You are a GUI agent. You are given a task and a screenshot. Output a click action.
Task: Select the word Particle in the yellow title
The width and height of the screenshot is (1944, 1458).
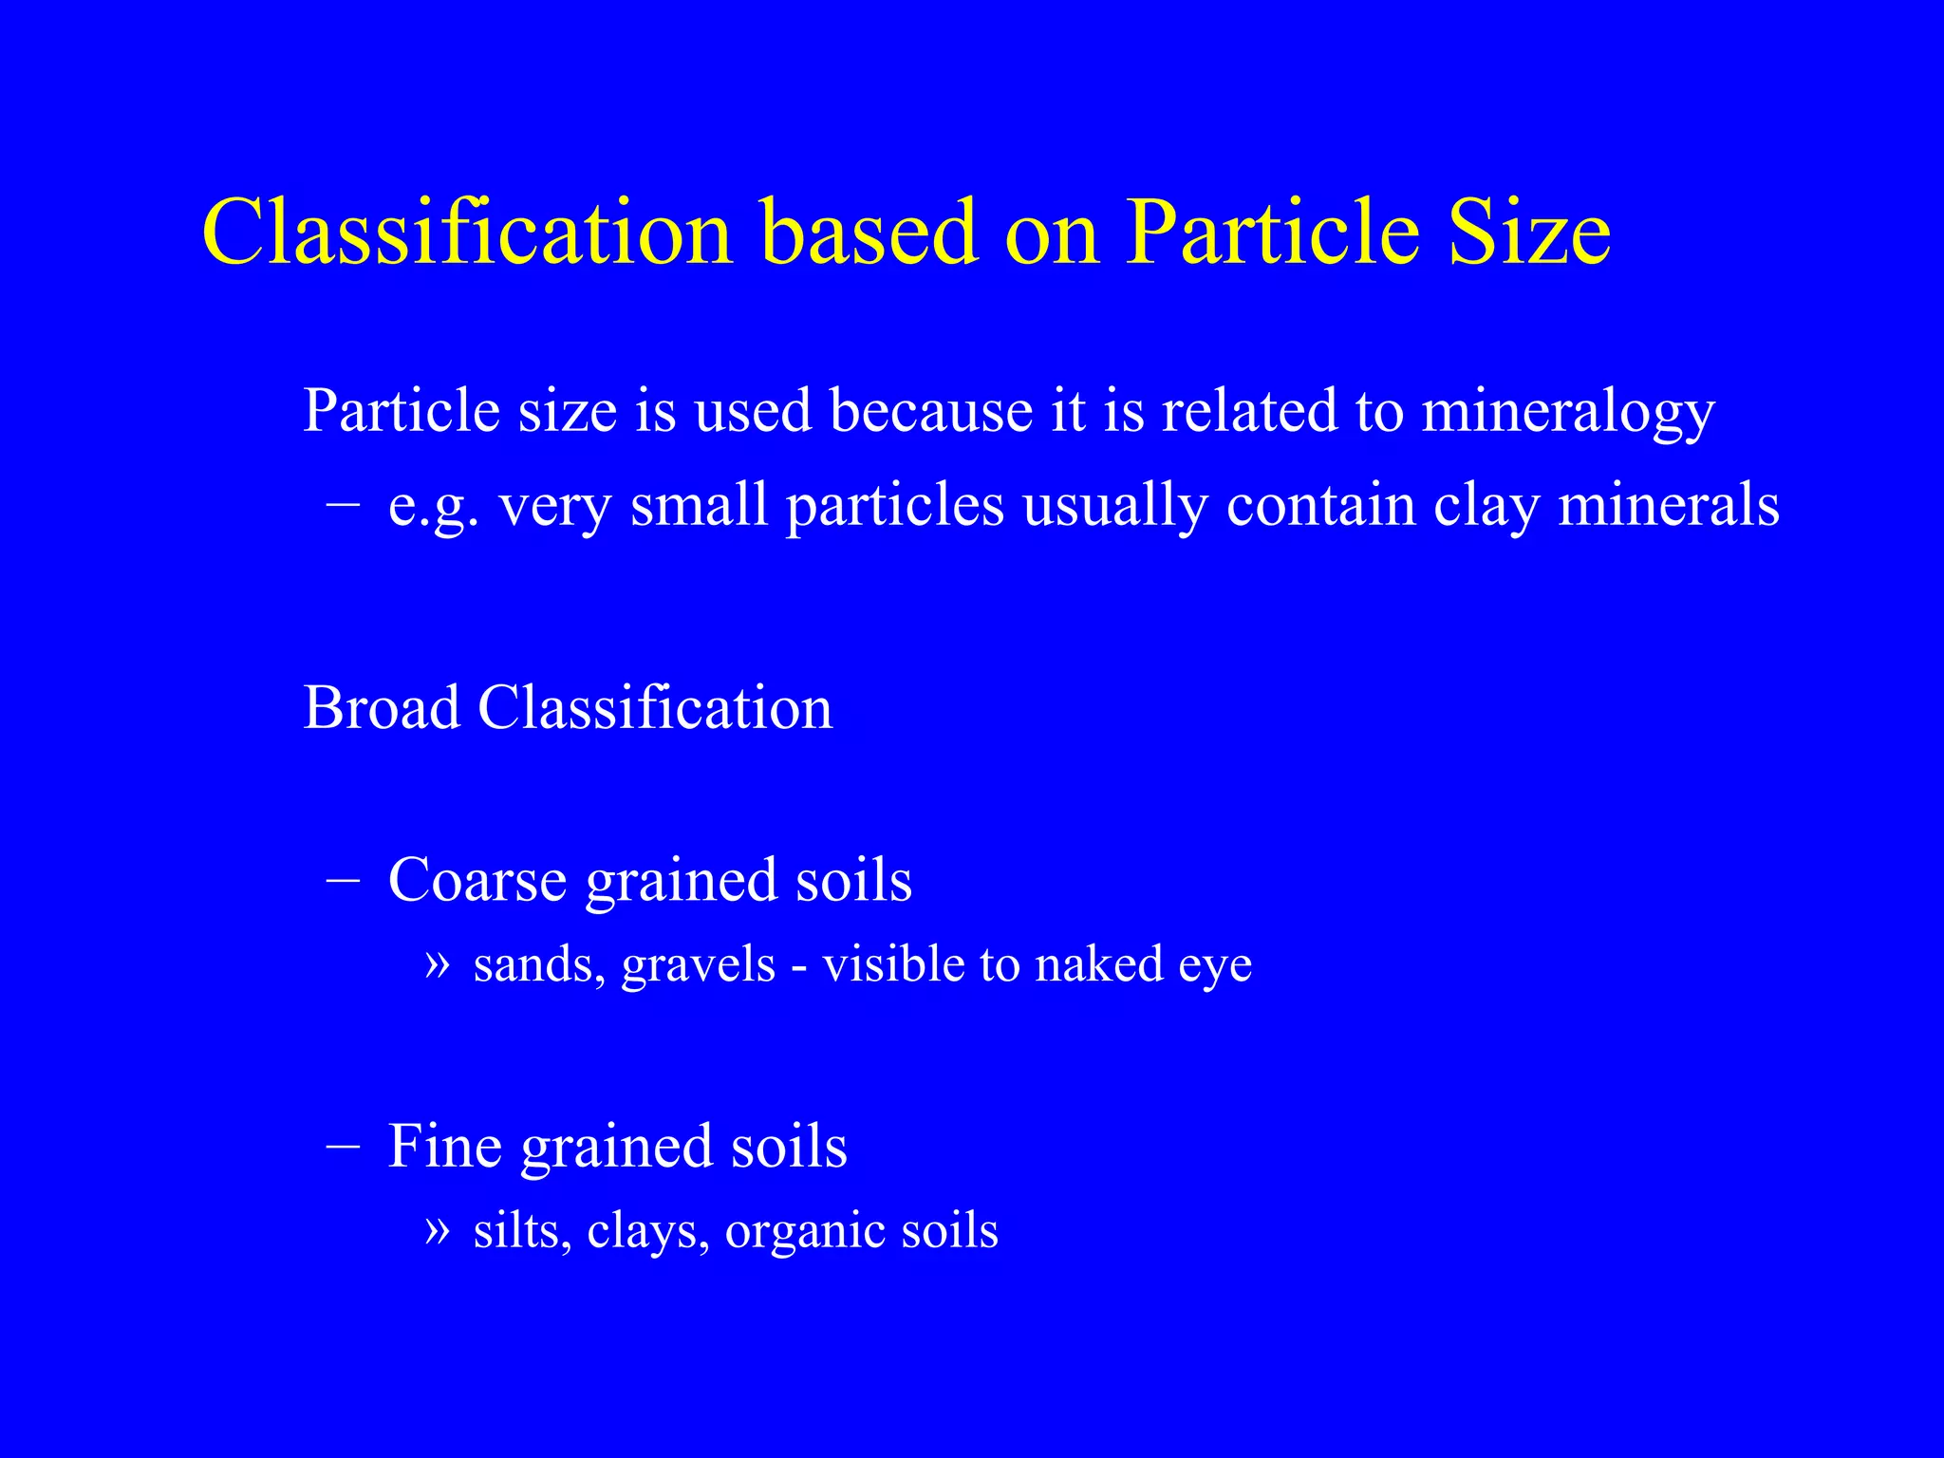[x=1272, y=233]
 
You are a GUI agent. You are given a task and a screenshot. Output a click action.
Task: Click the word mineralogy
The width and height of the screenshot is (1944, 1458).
[x=1567, y=413]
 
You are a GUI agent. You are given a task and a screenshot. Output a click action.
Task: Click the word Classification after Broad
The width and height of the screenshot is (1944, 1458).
[x=655, y=708]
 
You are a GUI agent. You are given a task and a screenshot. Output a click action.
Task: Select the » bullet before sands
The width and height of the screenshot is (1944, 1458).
[x=436, y=964]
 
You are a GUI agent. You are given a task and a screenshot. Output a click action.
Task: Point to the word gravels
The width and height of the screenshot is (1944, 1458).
[x=699, y=966]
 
